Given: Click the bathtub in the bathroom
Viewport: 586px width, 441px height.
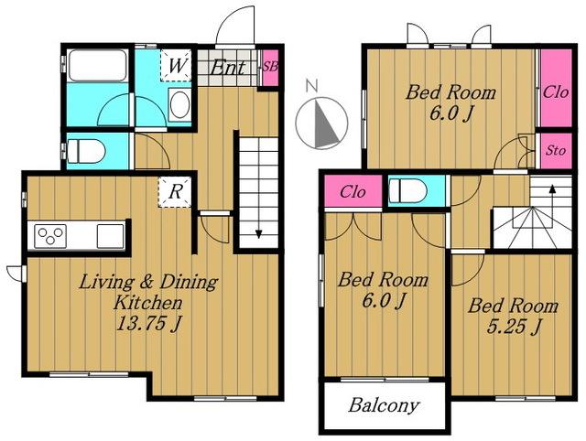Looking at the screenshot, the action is pyautogui.click(x=97, y=65).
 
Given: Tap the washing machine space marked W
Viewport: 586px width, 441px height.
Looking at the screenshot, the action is pyautogui.click(x=176, y=65).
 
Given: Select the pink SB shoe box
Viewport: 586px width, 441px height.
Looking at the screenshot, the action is pyautogui.click(x=270, y=67).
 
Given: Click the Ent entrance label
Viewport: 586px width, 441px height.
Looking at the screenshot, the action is pyautogui.click(x=228, y=68).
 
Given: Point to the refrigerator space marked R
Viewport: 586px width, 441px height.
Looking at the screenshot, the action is pyautogui.click(x=175, y=192).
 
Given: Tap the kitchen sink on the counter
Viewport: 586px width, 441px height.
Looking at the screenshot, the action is pyautogui.click(x=110, y=236).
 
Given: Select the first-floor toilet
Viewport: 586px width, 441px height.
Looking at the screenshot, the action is pyautogui.click(x=86, y=151).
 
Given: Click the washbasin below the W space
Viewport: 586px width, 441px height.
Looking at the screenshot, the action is pyautogui.click(x=179, y=104).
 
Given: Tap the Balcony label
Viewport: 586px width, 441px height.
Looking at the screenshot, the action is pyautogui.click(x=384, y=405).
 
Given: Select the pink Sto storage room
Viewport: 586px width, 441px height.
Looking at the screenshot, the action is pyautogui.click(x=556, y=150).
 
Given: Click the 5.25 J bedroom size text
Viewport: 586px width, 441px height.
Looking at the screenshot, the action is pyautogui.click(x=514, y=327).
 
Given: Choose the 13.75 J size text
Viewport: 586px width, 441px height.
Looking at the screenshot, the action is pyautogui.click(x=148, y=323).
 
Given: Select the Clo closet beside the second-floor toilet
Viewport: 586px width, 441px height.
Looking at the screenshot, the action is pyautogui.click(x=353, y=191).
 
